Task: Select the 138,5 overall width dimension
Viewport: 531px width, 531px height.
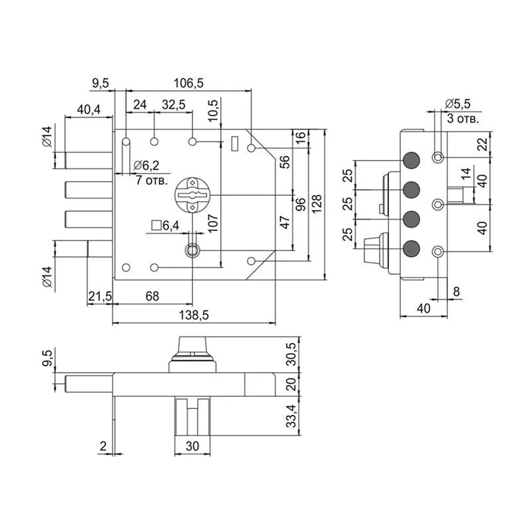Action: [x=194, y=317]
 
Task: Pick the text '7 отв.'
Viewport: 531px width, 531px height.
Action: [x=151, y=180]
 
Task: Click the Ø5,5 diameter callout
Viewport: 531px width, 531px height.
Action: [x=457, y=104]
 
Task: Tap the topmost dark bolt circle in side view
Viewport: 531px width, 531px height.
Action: [x=412, y=160]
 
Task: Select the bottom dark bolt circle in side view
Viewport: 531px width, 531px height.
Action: [x=412, y=249]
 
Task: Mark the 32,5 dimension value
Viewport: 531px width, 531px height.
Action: [x=173, y=105]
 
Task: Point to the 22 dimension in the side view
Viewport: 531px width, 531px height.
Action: [x=483, y=143]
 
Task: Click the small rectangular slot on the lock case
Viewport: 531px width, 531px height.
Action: [x=234, y=143]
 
